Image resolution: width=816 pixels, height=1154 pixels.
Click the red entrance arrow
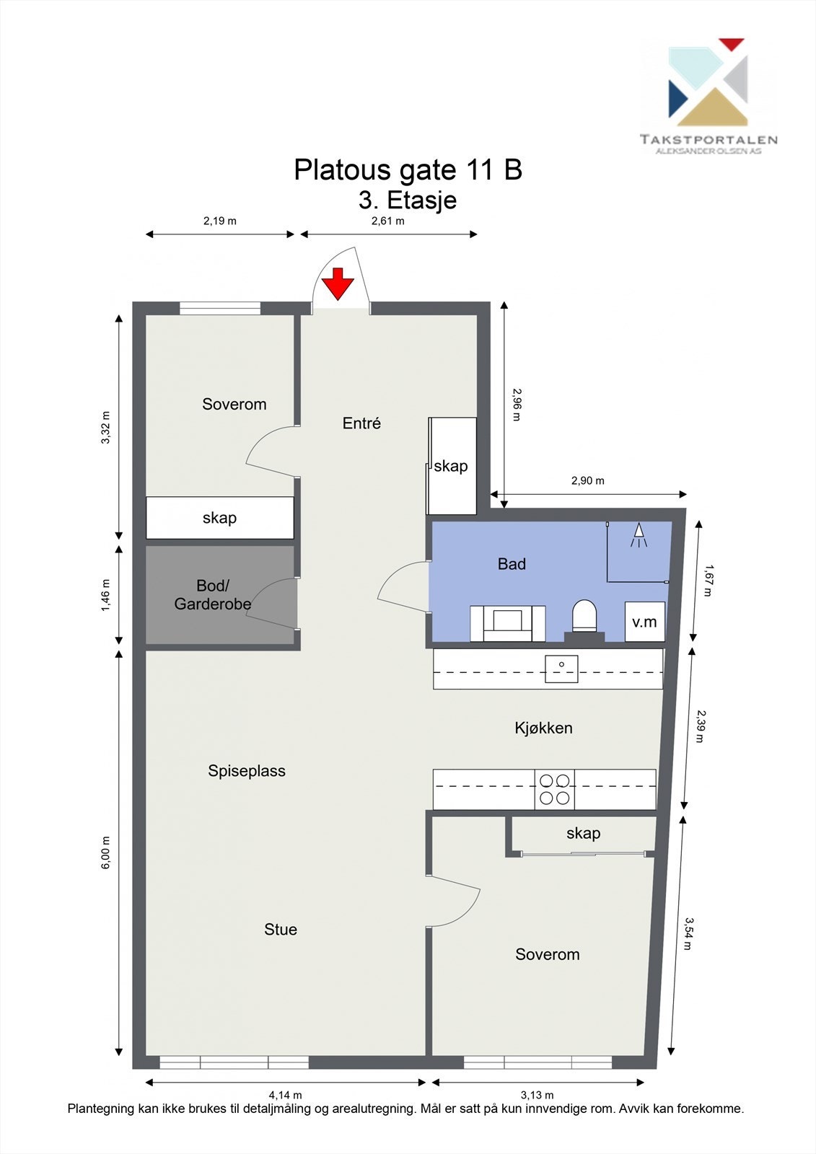click(x=337, y=283)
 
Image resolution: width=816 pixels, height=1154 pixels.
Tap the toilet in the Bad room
click(x=584, y=617)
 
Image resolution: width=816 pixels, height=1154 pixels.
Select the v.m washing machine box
click(x=644, y=621)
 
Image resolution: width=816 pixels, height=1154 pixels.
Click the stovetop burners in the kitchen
click(x=555, y=789)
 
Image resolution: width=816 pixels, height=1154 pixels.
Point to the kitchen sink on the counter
click(x=561, y=668)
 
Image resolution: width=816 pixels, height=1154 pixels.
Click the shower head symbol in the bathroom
click(x=639, y=534)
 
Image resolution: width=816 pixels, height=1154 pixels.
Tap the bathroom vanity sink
click(x=507, y=622)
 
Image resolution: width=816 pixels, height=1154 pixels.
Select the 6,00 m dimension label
click(x=106, y=853)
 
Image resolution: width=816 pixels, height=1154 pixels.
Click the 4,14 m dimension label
click(x=285, y=1095)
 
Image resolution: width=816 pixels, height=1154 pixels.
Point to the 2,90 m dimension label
click(x=588, y=480)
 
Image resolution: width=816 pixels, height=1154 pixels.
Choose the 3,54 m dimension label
click(x=688, y=933)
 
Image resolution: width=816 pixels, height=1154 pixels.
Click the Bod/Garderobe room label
click(x=213, y=595)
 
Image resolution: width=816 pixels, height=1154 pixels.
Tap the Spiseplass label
click(x=247, y=771)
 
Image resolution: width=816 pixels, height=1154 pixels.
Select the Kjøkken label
click(x=543, y=728)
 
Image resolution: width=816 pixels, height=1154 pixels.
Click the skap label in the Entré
click(x=451, y=466)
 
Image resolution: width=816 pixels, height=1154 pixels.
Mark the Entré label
click(x=361, y=423)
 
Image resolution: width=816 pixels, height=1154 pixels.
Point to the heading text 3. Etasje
click(x=408, y=200)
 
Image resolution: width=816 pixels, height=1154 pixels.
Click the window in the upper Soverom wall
click(x=220, y=308)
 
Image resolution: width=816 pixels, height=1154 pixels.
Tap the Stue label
click(x=281, y=930)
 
